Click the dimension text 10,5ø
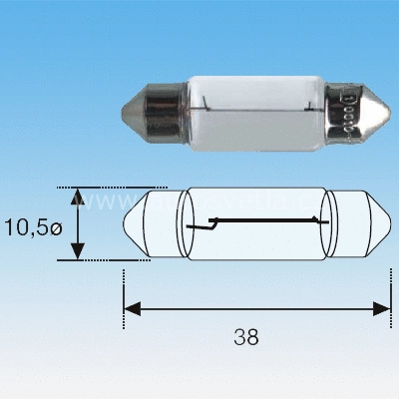32,226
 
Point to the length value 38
249,336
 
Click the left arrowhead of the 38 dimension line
131,310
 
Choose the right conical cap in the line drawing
364,223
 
